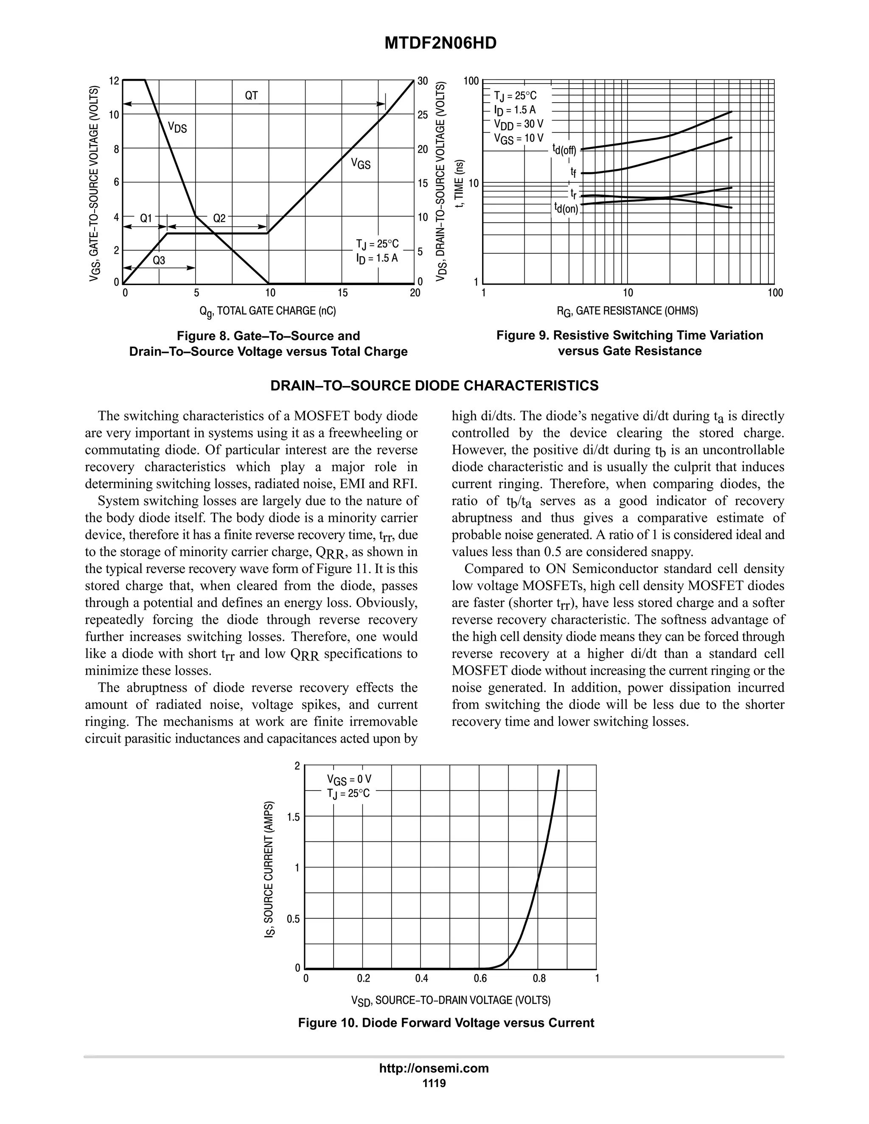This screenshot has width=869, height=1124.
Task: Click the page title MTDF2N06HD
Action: pyautogui.click(x=440, y=44)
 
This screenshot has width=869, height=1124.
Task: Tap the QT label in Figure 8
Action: pyautogui.click(x=251, y=96)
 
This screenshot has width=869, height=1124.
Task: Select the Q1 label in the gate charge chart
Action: pyautogui.click(x=146, y=218)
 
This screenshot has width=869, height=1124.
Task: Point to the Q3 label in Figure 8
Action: pyautogui.click(x=159, y=260)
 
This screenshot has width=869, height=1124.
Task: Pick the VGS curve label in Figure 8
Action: pyautogui.click(x=360, y=164)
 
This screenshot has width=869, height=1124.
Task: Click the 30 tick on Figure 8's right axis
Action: pyautogui.click(x=423, y=81)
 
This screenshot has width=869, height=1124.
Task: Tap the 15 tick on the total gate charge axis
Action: pyautogui.click(x=342, y=293)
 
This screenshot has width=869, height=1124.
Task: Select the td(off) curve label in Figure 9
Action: pyautogui.click(x=564, y=149)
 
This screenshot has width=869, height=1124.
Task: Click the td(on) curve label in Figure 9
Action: pyautogui.click(x=566, y=208)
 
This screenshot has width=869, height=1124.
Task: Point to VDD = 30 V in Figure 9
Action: pyautogui.click(x=519, y=124)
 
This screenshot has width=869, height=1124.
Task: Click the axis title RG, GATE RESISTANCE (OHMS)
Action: pyautogui.click(x=627, y=311)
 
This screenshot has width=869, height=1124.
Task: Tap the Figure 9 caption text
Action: pyautogui.click(x=629, y=343)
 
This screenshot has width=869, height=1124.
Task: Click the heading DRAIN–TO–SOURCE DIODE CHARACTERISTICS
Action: pyautogui.click(x=434, y=386)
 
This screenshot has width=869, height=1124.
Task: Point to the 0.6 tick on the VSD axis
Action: pyautogui.click(x=480, y=978)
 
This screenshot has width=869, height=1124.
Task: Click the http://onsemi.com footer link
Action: pyautogui.click(x=434, y=1068)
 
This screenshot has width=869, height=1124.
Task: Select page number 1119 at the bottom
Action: pyautogui.click(x=434, y=1083)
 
